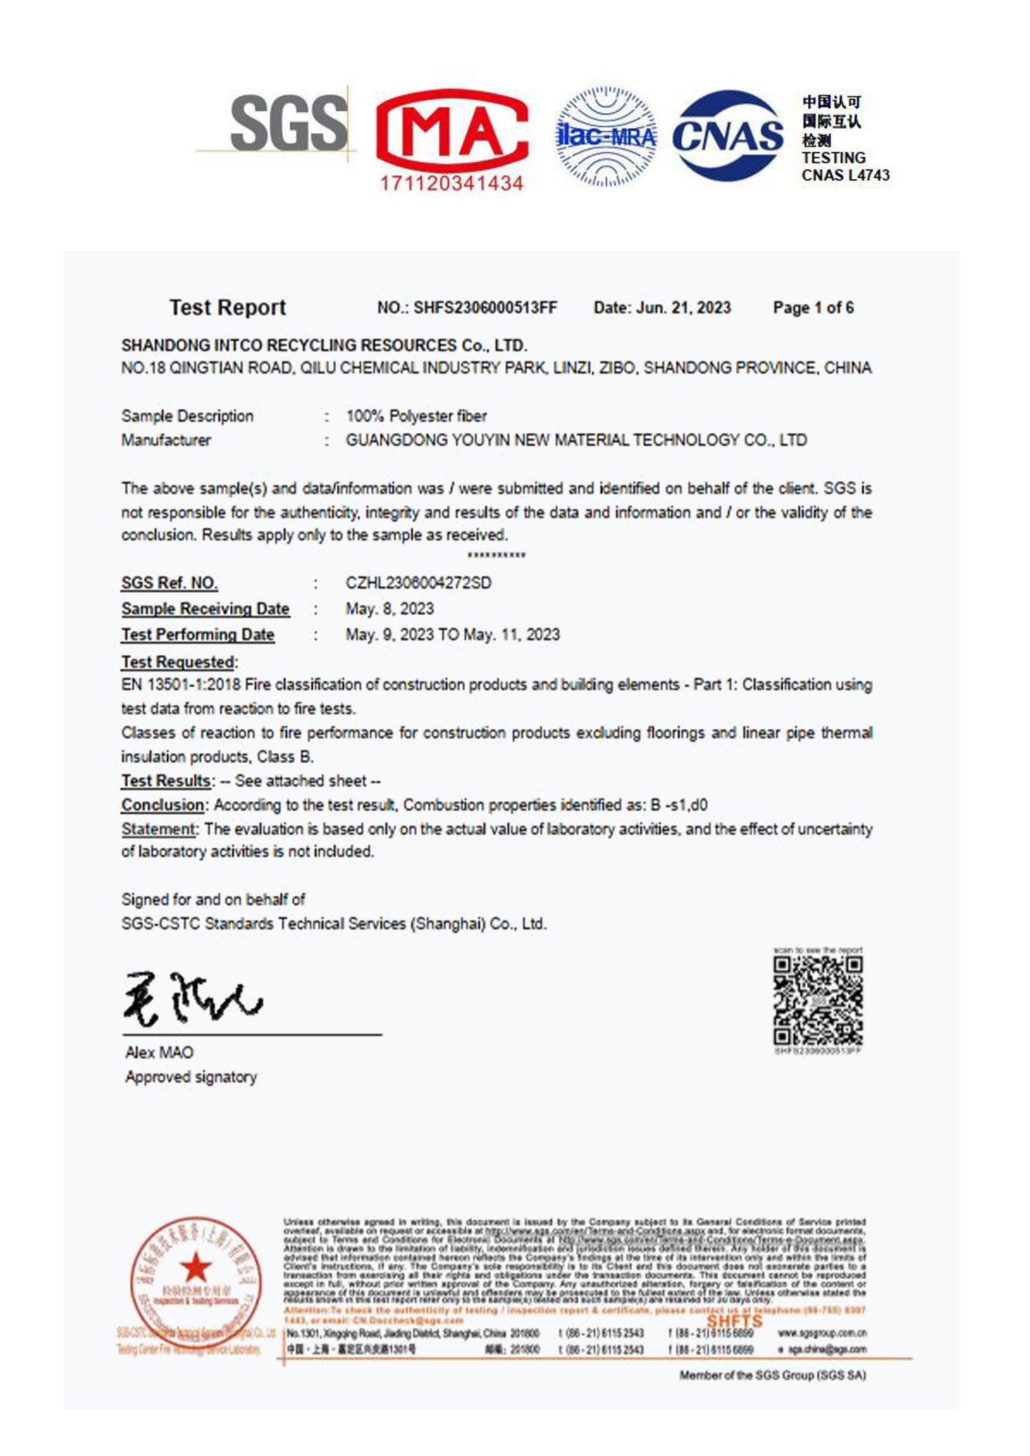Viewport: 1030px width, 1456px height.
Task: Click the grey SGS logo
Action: pyautogui.click(x=288, y=124)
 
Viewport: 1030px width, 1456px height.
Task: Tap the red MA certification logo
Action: pyautogui.click(x=452, y=130)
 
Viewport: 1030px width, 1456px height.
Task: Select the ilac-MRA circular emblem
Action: pyautogui.click(x=606, y=137)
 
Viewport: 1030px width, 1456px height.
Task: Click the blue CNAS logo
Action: pyautogui.click(x=728, y=135)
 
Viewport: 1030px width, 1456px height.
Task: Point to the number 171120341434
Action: pyautogui.click(x=452, y=183)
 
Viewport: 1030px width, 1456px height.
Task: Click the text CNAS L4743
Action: pyautogui.click(x=845, y=176)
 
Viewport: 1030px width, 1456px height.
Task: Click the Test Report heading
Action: pyautogui.click(x=227, y=308)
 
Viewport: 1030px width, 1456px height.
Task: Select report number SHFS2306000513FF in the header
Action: pyautogui.click(x=485, y=308)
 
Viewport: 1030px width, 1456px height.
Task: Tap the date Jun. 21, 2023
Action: pyautogui.click(x=683, y=308)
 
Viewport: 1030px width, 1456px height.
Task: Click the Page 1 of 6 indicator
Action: pyautogui.click(x=813, y=308)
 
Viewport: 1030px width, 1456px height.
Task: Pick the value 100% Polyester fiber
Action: pyautogui.click(x=416, y=416)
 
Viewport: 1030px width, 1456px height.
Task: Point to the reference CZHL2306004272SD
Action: pyautogui.click(x=418, y=583)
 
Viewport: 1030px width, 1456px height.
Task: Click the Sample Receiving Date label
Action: pyautogui.click(x=205, y=609)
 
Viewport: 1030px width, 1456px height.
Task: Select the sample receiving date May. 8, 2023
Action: pyautogui.click(x=389, y=609)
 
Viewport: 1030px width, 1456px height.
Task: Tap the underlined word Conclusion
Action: pyautogui.click(x=163, y=805)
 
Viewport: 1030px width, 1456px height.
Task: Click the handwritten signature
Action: pyautogui.click(x=192, y=999)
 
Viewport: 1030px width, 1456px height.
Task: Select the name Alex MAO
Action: pyautogui.click(x=159, y=1052)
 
